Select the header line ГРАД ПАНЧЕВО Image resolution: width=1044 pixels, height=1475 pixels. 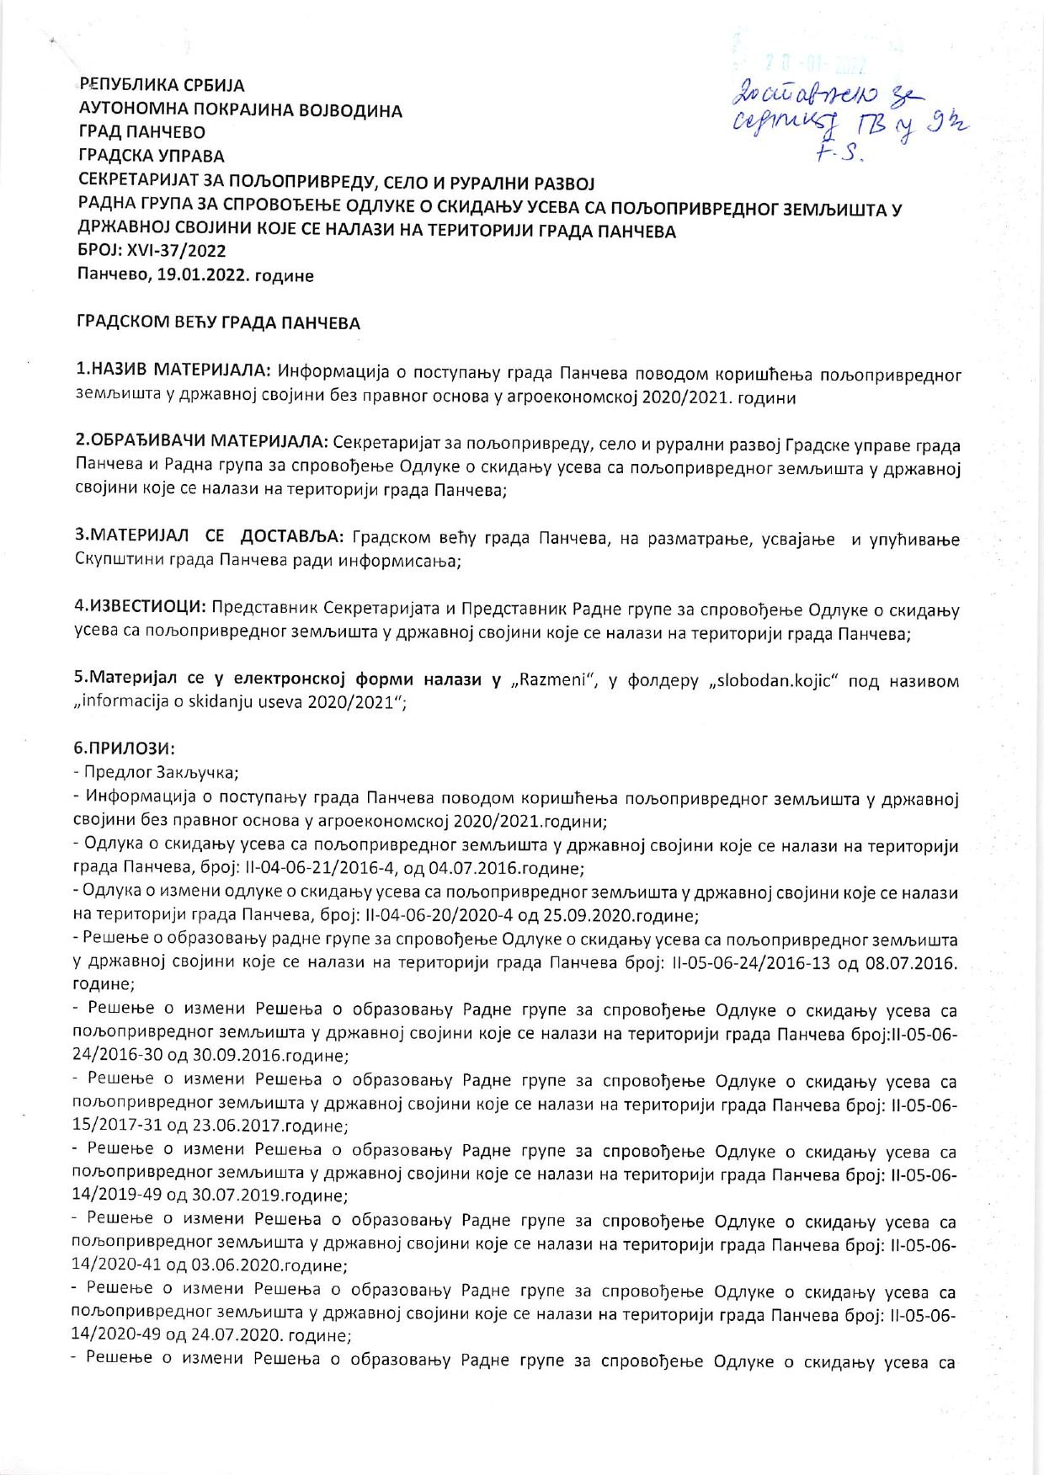141,132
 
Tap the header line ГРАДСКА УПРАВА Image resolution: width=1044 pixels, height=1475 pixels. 151,156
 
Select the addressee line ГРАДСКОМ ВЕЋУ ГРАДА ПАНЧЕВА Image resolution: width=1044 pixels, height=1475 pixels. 218,322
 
